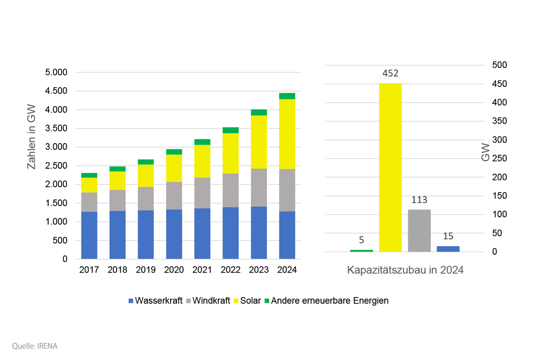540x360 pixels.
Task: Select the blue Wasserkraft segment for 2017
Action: click(89, 235)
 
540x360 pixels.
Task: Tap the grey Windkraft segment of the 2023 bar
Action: click(259, 188)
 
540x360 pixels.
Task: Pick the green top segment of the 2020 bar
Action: click(174, 152)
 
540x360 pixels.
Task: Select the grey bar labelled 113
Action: click(419, 230)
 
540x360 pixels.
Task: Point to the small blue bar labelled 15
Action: click(448, 249)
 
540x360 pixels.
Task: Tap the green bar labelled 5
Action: click(361, 251)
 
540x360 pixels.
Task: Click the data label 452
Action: click(390, 73)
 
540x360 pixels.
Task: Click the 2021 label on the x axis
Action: click(202, 270)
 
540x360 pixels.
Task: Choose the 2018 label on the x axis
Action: click(117, 270)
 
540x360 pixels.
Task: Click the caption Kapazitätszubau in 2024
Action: click(405, 270)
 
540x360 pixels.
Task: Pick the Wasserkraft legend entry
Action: click(156, 301)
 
